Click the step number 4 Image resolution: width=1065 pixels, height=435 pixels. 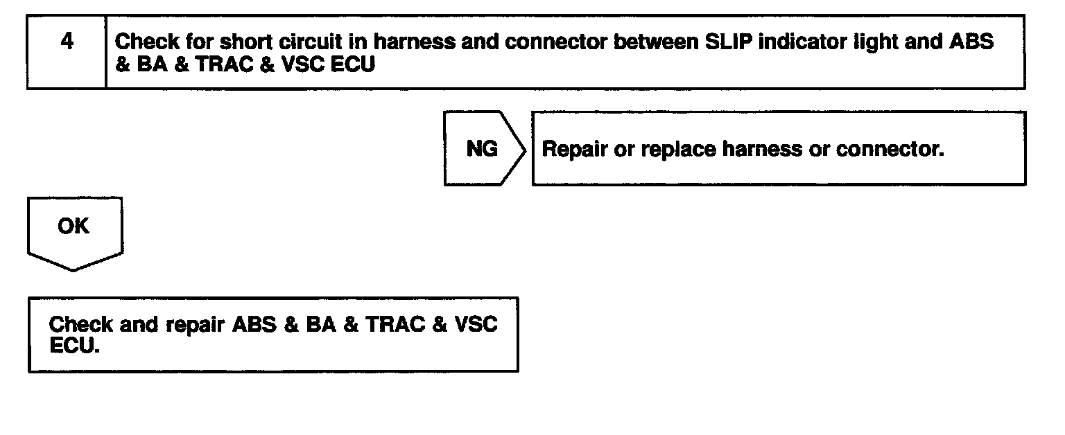(x=67, y=42)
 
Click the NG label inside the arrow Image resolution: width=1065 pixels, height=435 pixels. (x=482, y=149)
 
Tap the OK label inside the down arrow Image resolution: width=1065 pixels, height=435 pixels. (x=73, y=226)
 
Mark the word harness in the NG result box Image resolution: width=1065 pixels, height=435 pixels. (x=761, y=150)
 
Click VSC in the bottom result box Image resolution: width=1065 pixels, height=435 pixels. (x=475, y=325)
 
